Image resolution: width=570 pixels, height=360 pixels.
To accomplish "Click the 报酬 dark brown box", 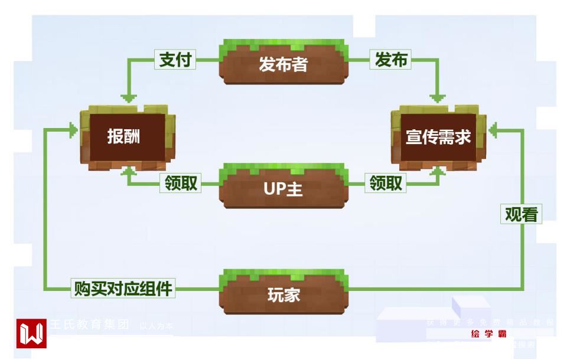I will point(124,137).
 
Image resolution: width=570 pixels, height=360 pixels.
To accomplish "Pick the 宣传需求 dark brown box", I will point(438,137).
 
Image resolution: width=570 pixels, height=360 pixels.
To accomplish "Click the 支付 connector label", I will point(175,60).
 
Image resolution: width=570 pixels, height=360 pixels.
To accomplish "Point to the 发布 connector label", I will point(391,60).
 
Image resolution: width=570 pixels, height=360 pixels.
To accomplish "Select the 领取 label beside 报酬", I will point(180,184).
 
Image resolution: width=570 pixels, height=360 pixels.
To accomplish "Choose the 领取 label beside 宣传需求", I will point(386,184).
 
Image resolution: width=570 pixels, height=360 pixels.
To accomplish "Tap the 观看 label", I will point(522,214).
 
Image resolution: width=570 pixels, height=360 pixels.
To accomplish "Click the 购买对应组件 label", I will point(123,289).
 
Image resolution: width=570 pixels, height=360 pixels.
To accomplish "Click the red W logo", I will point(32,334).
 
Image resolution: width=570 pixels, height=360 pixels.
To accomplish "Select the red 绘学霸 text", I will point(488,334).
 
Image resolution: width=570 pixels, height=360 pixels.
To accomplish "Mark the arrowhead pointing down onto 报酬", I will point(128,98).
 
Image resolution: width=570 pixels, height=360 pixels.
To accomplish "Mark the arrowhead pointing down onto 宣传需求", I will point(438,98).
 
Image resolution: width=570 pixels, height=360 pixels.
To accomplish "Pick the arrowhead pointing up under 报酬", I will point(128,171).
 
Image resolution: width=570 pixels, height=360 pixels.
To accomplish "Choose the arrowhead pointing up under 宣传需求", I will point(438,171).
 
